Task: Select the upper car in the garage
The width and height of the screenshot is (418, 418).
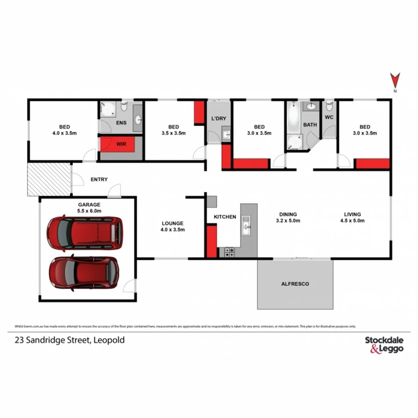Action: (85, 232)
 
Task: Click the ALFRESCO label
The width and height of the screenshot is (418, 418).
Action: (295, 284)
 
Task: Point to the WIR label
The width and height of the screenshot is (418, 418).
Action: (121, 144)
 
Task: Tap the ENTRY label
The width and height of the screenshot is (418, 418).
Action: (99, 179)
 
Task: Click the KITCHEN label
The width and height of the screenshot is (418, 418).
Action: (225, 217)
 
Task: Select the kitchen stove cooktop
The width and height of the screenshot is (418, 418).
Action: (229, 253)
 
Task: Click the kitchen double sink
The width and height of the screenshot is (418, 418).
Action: (245, 226)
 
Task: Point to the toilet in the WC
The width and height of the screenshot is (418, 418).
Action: (330, 106)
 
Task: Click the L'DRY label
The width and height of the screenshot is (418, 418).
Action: (218, 119)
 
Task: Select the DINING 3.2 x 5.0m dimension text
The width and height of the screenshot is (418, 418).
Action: (287, 221)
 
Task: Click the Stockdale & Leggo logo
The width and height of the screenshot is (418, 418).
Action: (384, 344)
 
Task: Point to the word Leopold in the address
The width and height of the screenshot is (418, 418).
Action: (110, 340)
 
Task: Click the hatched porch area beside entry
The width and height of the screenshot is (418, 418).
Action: (49, 179)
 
